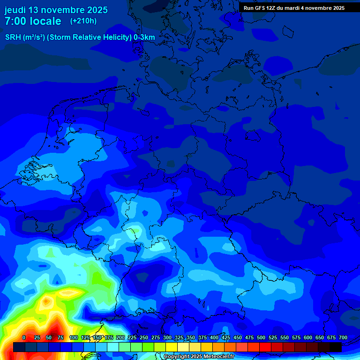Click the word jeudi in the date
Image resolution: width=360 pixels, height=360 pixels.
[15, 10]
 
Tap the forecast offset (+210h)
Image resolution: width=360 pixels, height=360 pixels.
[83, 21]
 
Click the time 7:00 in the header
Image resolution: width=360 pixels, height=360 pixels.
[16, 21]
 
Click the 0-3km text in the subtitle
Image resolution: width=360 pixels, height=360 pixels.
[144, 37]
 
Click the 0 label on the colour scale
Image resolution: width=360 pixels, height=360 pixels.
[24, 337]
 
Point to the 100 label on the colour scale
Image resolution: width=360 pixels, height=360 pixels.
[74, 337]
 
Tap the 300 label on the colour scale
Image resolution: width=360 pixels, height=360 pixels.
[167, 337]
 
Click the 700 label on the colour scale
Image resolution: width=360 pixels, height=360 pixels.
[343, 337]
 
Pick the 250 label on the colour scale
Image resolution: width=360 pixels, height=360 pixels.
[144, 337]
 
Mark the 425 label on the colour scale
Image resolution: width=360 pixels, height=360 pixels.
[226, 337]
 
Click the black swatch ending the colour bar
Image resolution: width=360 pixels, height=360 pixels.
[336, 347]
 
